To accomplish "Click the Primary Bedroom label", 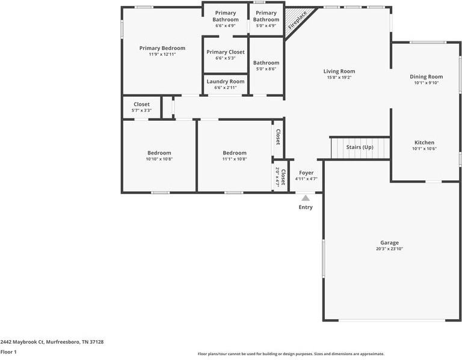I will coord(162,48).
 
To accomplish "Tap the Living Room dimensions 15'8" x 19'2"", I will coord(339,78).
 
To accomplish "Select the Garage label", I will coord(389,243).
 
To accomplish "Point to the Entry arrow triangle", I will coord(306,198).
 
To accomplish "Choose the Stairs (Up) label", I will coord(360,147).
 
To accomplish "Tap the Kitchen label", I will coord(424,142).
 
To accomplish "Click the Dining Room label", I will coord(426,76).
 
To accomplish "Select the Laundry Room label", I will coord(226,81).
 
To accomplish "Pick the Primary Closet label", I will coord(226,52).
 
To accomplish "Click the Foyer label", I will coord(306,172).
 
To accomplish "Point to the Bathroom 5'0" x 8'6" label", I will coord(266,63).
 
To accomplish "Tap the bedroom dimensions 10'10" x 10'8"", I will coord(159,159).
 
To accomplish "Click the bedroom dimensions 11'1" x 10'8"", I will coord(235,159).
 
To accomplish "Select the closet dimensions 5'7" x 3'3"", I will coord(142,111).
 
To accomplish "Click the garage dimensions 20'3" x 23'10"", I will coord(389,249).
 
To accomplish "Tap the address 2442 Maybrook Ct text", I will coord(52,342).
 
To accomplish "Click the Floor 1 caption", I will coord(8,352).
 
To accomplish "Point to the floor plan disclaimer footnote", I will coord(291,354).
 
